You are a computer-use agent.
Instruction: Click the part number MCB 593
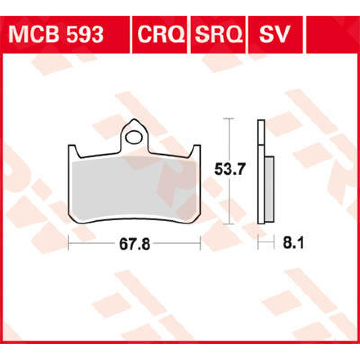(x=56, y=34)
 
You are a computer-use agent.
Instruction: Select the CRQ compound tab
(x=161, y=34)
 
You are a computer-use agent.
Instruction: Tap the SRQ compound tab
(x=219, y=34)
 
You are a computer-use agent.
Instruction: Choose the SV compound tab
(x=274, y=34)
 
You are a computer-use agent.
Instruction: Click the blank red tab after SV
(x=331, y=34)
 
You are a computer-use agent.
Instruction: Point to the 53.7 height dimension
(x=230, y=170)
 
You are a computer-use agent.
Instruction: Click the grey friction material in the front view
(x=132, y=189)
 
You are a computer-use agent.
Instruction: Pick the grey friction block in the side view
(x=270, y=189)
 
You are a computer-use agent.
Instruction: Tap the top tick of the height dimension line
(x=229, y=119)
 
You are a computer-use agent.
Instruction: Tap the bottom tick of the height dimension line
(x=229, y=224)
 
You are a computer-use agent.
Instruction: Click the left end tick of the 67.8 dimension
(x=69, y=243)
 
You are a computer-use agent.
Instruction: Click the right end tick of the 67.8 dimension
(x=200, y=243)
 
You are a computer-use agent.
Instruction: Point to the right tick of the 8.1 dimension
(x=274, y=243)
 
